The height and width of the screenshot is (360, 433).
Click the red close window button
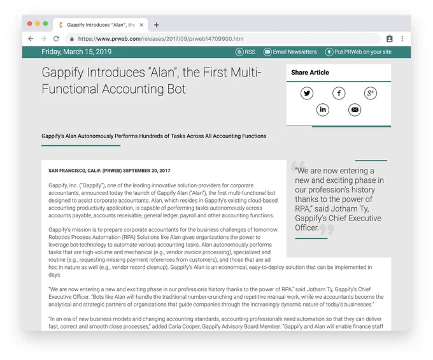29,24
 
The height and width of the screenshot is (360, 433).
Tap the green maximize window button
46,24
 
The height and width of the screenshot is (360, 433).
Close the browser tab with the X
141,25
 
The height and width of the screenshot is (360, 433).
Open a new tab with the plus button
156,25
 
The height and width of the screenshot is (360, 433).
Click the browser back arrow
31,39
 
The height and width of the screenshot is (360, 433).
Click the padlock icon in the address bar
72,39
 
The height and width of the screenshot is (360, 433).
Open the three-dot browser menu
402,39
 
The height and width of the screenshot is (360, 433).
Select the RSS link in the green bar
245,52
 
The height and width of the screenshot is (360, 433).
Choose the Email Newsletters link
290,52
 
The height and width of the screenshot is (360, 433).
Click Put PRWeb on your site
358,52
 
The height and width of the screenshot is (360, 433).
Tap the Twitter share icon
307,93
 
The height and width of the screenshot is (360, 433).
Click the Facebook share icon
339,93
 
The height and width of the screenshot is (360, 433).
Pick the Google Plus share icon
371,93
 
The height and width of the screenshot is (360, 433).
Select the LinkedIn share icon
323,110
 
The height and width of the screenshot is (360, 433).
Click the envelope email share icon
355,110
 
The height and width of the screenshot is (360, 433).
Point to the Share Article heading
310,73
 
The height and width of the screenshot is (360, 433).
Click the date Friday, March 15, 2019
76,52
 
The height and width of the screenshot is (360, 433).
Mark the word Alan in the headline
162,73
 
